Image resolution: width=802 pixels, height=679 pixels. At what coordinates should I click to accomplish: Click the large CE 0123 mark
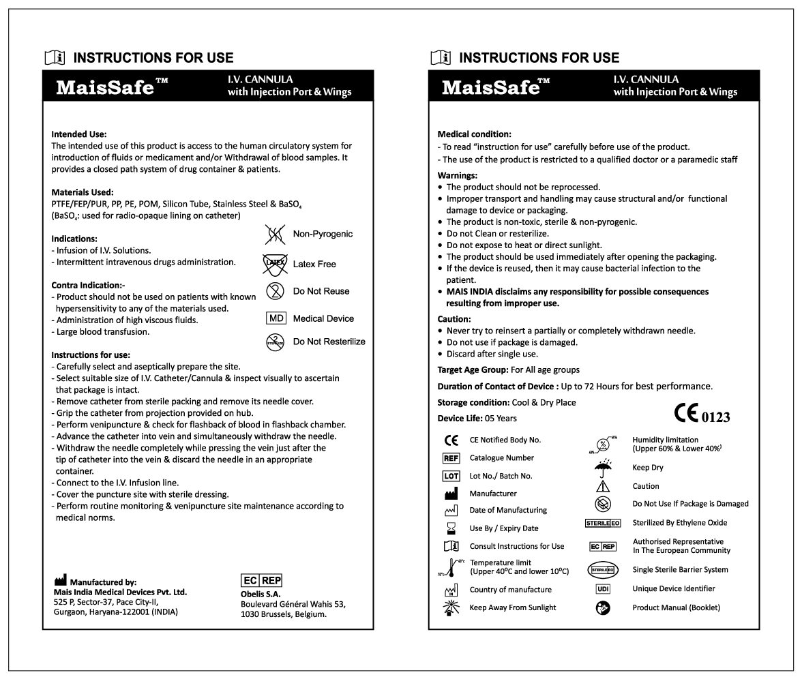pyautogui.click(x=701, y=414)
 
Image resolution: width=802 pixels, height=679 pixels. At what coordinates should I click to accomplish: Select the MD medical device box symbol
pyautogui.click(x=275, y=318)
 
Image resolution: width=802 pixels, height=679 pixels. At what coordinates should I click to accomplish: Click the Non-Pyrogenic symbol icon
pyautogui.click(x=274, y=234)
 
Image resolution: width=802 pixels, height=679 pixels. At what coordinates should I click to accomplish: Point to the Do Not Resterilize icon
pyautogui.click(x=274, y=342)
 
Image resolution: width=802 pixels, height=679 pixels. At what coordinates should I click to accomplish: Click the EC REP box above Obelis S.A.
pyautogui.click(x=262, y=581)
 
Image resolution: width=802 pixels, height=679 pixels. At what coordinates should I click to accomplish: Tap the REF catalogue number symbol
pyautogui.click(x=451, y=458)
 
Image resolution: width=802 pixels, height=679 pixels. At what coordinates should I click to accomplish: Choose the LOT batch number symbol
pyautogui.click(x=451, y=476)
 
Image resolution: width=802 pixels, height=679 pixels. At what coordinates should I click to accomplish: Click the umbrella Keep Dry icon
pyautogui.click(x=603, y=467)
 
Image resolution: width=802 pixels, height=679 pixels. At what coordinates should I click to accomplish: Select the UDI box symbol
pyautogui.click(x=603, y=588)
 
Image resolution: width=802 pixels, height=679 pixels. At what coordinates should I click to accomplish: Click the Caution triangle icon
pyautogui.click(x=603, y=486)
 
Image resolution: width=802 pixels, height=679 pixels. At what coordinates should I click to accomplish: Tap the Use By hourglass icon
pyautogui.click(x=451, y=528)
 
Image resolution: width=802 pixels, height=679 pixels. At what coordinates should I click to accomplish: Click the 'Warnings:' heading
pyautogui.click(x=457, y=175)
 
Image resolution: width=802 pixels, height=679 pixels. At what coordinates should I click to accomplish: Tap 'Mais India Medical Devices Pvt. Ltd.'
pyautogui.click(x=120, y=592)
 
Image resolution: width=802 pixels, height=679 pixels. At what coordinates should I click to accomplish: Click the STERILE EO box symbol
pyautogui.click(x=603, y=523)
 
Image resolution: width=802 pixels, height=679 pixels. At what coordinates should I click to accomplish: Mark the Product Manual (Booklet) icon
pyautogui.click(x=603, y=607)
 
